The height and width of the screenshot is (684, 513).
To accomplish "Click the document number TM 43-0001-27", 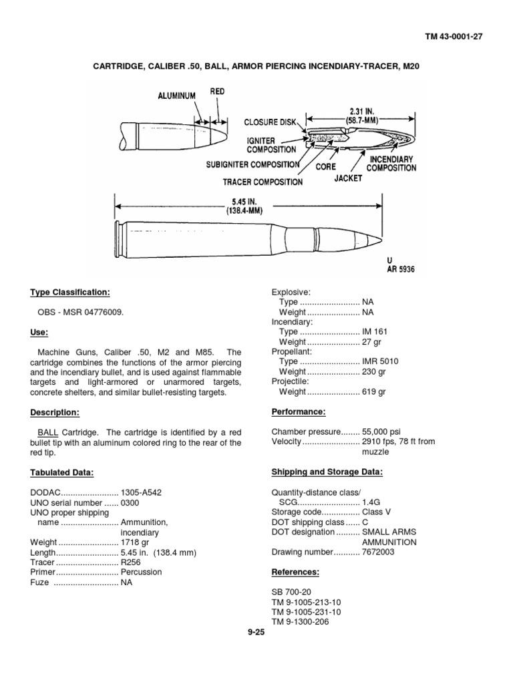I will pyautogui.click(x=454, y=37).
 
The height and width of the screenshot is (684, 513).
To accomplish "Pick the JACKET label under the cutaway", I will pyautogui.click(x=348, y=178).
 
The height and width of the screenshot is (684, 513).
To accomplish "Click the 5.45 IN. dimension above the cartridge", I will pyautogui.click(x=248, y=200).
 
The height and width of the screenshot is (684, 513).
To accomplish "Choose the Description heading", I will pyautogui.click(x=55, y=412).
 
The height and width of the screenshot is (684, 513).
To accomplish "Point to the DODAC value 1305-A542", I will pyautogui.click(x=141, y=492).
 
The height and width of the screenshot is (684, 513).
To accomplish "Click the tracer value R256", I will pyautogui.click(x=132, y=562).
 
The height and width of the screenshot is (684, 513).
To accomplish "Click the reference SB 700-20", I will pyautogui.click(x=291, y=592).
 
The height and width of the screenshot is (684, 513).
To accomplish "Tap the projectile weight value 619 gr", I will pyautogui.click(x=374, y=391).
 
